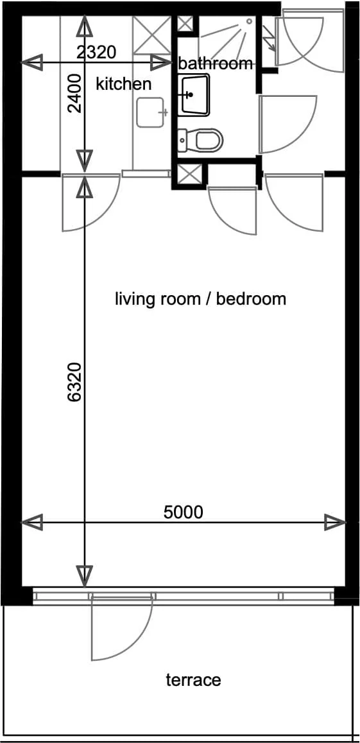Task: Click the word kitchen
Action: click(124, 84)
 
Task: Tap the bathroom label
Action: click(216, 64)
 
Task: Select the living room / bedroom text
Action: click(200, 300)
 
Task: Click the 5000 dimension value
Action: click(183, 512)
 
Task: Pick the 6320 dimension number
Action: click(75, 382)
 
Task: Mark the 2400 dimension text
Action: click(75, 93)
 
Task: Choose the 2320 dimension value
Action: click(96, 53)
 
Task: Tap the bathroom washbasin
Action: click(194, 95)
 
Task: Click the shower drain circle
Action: click(249, 21)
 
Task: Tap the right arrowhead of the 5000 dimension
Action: click(335, 523)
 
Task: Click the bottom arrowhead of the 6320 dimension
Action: click(85, 576)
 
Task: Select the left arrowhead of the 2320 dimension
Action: click(32, 62)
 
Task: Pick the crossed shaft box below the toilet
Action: click(190, 175)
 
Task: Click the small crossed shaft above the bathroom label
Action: click(185, 23)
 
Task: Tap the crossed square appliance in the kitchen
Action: click(151, 35)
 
